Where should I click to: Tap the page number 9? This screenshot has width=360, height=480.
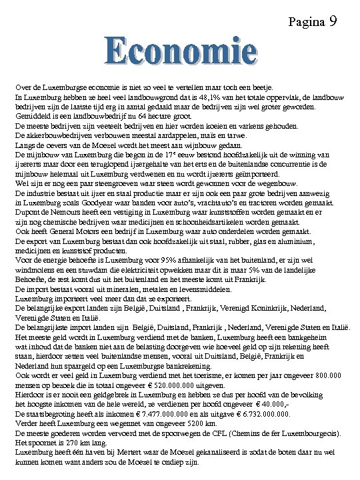[332, 21]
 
